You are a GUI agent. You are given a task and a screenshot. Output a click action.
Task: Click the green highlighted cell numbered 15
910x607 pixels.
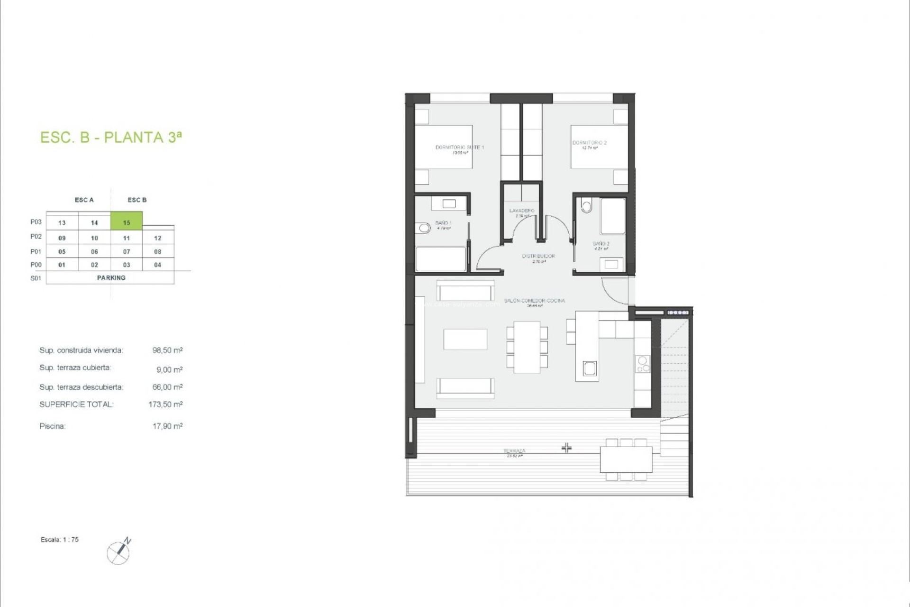click(127, 221)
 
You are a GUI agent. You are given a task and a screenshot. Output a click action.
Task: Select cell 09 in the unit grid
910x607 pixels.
click(62, 238)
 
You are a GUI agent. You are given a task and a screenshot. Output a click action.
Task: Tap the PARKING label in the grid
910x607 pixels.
click(111, 278)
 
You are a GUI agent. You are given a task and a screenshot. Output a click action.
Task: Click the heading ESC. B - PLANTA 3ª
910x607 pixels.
click(111, 137)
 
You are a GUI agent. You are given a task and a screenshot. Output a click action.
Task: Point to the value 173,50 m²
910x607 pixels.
click(165, 405)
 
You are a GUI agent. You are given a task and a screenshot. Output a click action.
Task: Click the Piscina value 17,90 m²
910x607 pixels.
click(167, 426)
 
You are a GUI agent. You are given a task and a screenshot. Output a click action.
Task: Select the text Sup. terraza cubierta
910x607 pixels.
click(75, 368)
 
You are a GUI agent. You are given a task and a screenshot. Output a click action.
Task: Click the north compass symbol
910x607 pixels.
click(119, 552)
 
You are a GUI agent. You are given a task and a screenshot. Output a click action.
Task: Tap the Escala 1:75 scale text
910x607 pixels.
click(60, 540)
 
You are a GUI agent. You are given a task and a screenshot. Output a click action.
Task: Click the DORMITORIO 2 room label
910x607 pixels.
click(589, 143)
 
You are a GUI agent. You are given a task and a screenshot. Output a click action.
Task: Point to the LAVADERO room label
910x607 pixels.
click(522, 211)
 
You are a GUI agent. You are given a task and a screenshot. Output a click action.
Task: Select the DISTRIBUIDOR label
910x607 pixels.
click(538, 256)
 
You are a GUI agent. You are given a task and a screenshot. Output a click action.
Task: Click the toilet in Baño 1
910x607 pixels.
click(423, 229)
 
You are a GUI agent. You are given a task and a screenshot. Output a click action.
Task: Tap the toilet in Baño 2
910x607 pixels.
click(587, 206)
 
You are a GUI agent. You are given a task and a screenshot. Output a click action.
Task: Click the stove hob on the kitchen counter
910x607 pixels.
click(643, 364)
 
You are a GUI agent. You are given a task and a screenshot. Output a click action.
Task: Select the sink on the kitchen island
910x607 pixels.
click(590, 368)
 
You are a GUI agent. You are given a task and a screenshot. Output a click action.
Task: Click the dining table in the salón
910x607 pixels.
click(527, 347)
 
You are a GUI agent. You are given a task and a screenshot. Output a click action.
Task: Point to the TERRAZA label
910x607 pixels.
click(514, 451)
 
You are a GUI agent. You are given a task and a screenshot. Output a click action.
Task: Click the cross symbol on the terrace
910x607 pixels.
click(566, 448)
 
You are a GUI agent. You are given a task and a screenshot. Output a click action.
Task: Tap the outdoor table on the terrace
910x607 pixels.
click(626, 459)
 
